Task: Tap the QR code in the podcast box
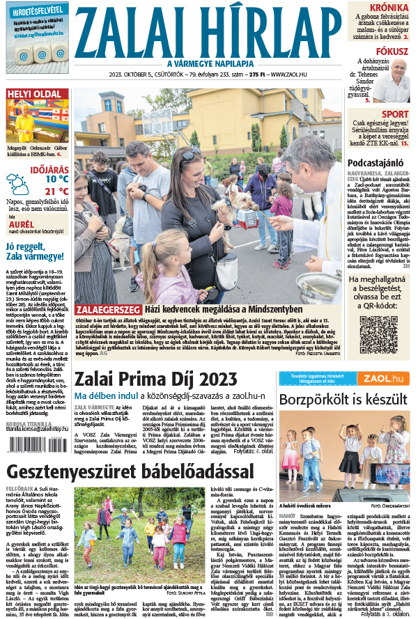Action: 378,334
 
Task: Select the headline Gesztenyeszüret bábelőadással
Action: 130,472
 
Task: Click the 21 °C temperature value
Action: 56,191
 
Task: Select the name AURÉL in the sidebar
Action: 21,226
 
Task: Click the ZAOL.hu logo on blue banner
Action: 387,378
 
